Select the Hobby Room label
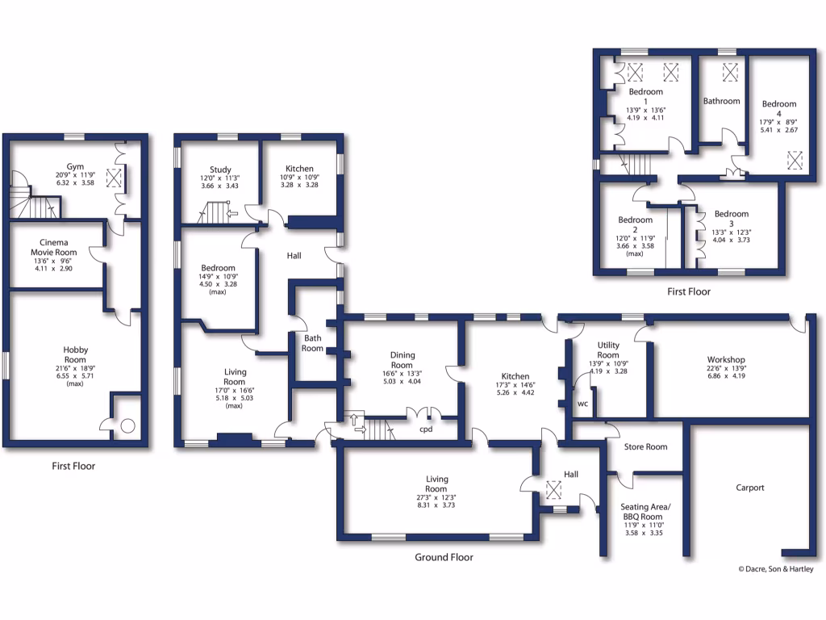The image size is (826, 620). click(x=75, y=354)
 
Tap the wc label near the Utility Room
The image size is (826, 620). click(x=582, y=403)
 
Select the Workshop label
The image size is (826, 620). click(x=725, y=359)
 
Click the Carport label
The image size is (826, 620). click(x=749, y=488)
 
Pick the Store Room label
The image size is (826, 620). click(x=645, y=446)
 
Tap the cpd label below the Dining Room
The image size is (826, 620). click(x=427, y=429)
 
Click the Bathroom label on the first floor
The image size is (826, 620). click(x=721, y=102)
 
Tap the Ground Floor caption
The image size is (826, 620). click(x=444, y=557)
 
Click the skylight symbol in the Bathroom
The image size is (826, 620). click(x=731, y=72)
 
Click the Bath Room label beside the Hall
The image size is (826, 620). click(x=313, y=343)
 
